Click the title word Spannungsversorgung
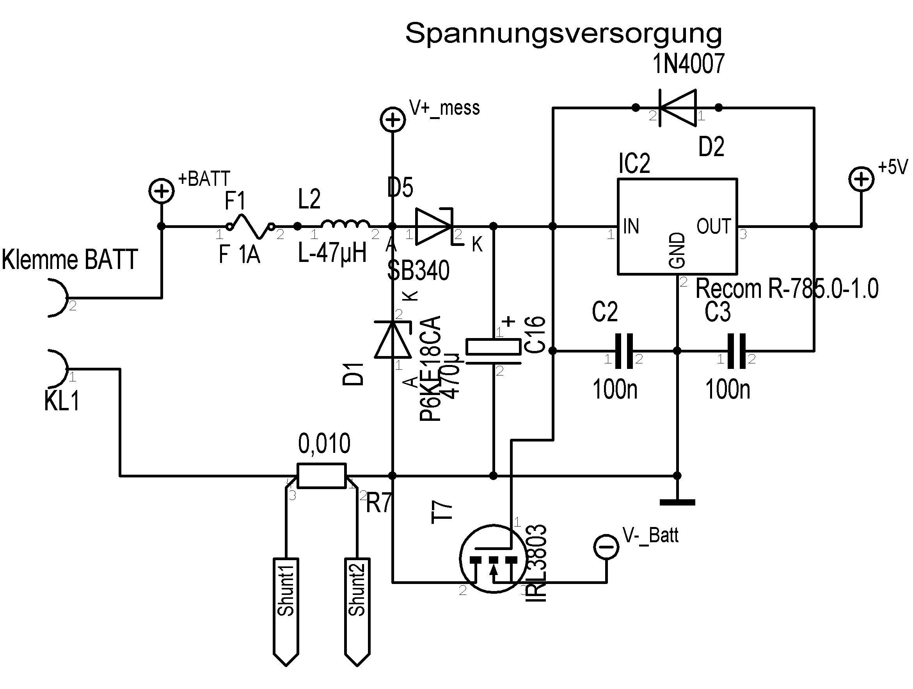563,34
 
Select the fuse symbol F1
250,226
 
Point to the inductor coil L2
345,224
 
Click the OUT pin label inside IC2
714,226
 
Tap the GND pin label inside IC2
677,250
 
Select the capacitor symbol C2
623,351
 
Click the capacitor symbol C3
736,351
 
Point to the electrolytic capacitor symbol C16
493,351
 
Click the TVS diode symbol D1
393,340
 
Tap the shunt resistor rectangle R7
322,476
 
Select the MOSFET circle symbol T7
493,559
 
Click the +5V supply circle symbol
861,179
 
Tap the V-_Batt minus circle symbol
606,547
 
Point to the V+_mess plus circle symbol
393,120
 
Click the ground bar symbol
677,503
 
